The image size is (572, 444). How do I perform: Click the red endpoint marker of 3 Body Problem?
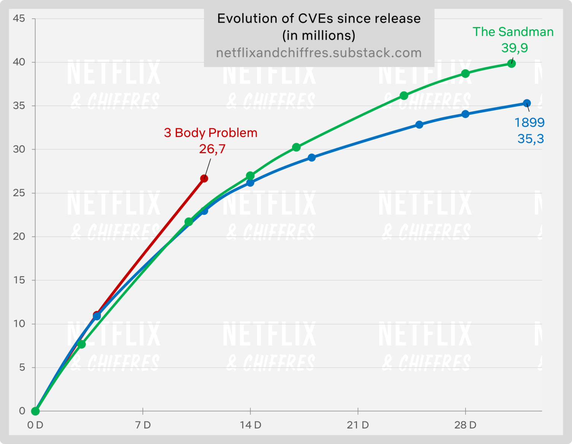click(204, 178)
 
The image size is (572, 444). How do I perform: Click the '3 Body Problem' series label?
click(210, 133)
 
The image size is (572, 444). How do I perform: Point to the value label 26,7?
click(212, 149)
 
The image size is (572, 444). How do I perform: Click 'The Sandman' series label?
click(513, 32)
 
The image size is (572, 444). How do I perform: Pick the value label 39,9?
click(514, 48)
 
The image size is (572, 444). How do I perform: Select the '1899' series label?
click(529, 122)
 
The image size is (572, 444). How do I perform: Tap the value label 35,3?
click(530, 139)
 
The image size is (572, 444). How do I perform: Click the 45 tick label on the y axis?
click(19, 18)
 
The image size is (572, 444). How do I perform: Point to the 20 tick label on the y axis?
click(19, 237)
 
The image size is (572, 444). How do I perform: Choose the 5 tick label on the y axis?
click(22, 367)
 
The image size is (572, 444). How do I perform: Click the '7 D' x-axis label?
click(143, 425)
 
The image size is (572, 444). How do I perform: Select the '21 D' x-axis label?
click(357, 425)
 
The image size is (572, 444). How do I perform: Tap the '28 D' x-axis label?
click(465, 425)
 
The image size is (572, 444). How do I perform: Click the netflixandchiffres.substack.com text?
click(319, 53)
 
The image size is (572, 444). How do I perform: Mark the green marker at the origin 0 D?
click(35, 411)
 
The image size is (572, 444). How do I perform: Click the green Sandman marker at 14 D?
click(250, 176)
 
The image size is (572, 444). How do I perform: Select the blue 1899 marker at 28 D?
click(465, 114)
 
